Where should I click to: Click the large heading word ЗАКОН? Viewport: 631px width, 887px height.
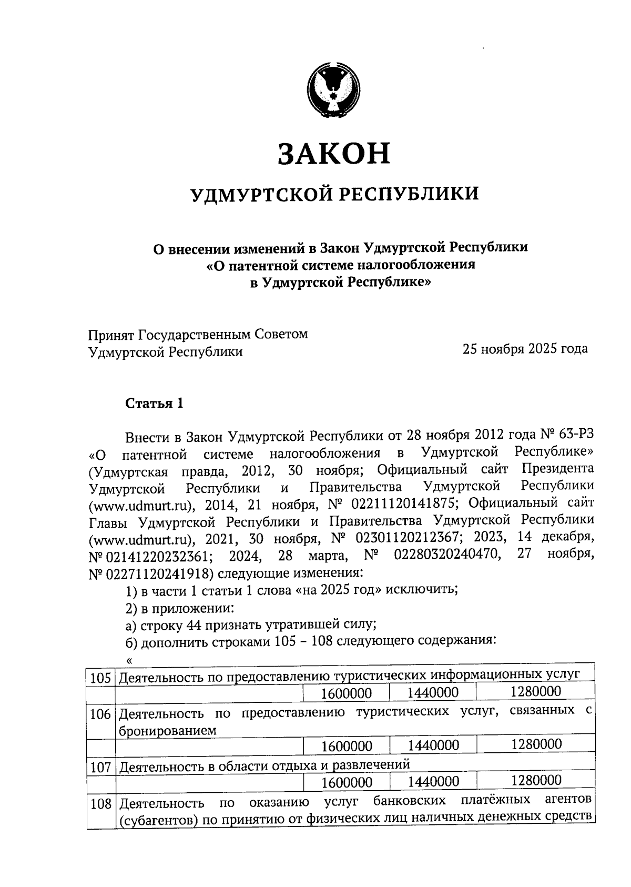[x=334, y=153]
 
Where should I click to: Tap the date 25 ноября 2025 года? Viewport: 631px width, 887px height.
[x=525, y=349]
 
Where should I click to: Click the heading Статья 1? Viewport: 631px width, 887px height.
[x=154, y=403]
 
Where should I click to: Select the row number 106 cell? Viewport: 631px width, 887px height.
[x=100, y=715]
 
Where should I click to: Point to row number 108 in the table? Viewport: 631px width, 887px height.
[x=100, y=804]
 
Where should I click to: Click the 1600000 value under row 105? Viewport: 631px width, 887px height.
[x=347, y=693]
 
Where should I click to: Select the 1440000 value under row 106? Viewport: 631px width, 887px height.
[x=433, y=745]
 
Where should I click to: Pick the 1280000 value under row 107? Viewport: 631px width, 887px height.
[x=536, y=780]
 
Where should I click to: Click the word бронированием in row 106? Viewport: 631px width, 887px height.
[x=168, y=730]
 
